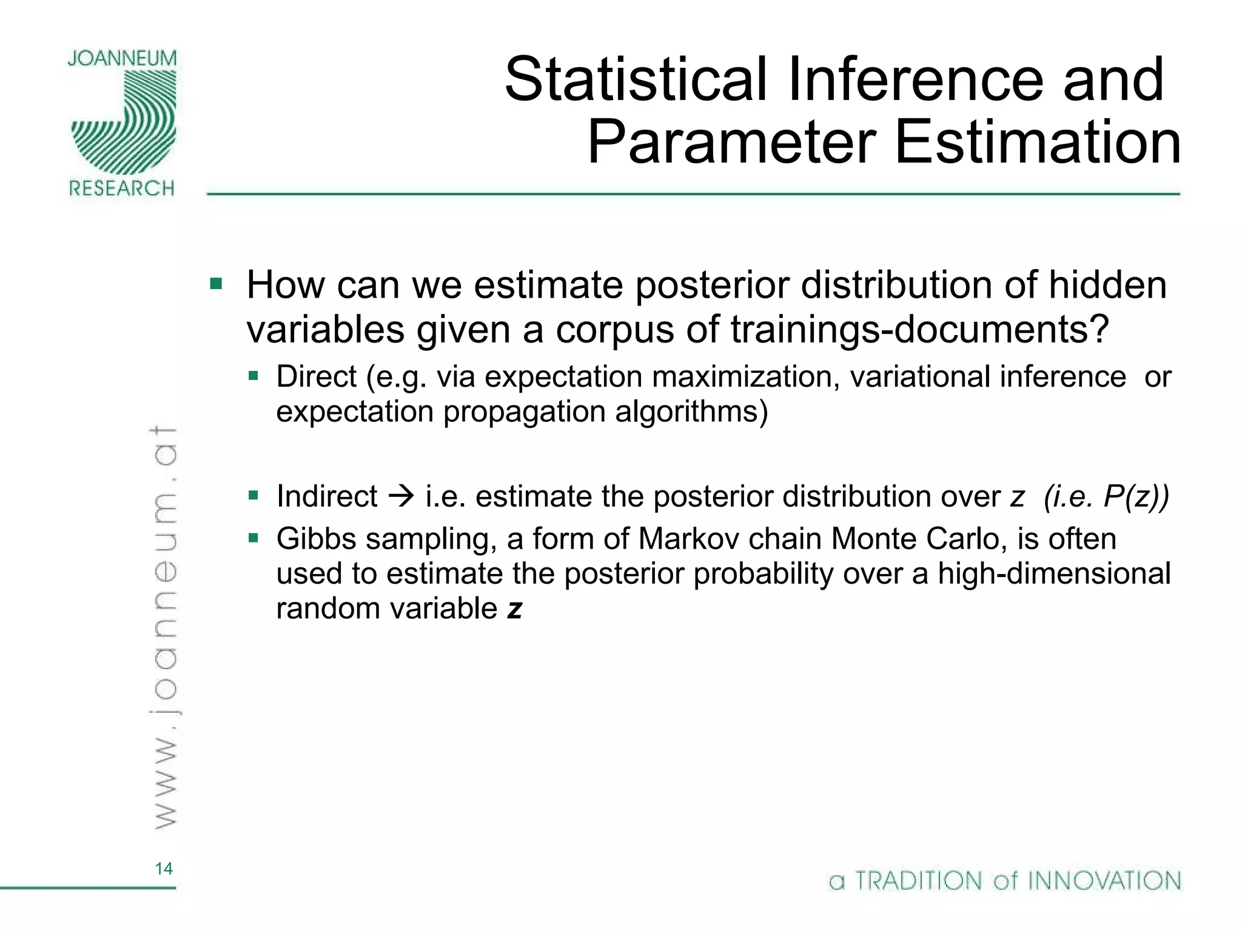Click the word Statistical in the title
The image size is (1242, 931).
click(x=636, y=79)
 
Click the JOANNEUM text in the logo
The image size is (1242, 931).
click(x=122, y=59)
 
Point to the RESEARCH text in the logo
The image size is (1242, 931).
click(x=122, y=188)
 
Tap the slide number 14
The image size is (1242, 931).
click(x=164, y=869)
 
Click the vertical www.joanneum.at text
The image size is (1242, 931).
click(x=163, y=627)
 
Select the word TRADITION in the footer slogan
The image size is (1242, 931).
click(x=918, y=881)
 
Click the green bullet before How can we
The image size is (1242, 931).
click(x=216, y=284)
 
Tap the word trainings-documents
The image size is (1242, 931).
click(x=919, y=330)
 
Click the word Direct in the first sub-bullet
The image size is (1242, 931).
click(x=316, y=377)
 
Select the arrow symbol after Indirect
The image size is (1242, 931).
click(x=401, y=496)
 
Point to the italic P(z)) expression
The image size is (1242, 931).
click(x=1136, y=496)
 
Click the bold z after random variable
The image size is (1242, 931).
click(x=514, y=609)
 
